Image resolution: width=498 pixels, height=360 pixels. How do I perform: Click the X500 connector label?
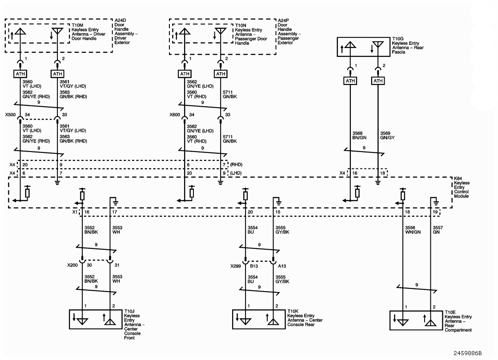pyautogui.click(x=10, y=115)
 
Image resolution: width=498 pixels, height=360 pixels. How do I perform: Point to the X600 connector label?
pyautogui.click(x=175, y=115)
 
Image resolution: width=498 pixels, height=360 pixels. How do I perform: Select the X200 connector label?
pyautogui.click(x=72, y=265)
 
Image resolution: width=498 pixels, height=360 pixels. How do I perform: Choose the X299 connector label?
pyautogui.click(x=236, y=266)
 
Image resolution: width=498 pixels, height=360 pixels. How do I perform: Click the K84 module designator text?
pyautogui.click(x=458, y=178)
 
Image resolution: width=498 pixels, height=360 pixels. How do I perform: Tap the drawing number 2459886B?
pyautogui.click(x=467, y=353)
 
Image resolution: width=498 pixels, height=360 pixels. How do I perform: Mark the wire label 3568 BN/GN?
pyautogui.click(x=360, y=136)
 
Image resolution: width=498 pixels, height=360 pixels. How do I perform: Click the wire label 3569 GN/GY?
pyautogui.click(x=387, y=136)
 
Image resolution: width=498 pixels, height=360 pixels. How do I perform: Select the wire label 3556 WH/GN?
pyautogui.click(x=413, y=230)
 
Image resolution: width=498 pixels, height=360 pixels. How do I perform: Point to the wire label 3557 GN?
pyautogui.click(x=438, y=230)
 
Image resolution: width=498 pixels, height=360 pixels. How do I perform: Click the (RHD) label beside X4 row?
pyautogui.click(x=236, y=164)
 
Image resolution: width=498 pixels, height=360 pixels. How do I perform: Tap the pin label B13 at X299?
pyautogui.click(x=254, y=266)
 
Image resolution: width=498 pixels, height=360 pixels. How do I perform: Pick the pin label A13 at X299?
pyautogui.click(x=282, y=266)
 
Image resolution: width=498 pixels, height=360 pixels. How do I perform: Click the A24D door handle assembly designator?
pyautogui.click(x=120, y=20)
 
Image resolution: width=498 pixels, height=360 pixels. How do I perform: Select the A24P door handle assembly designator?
pyautogui.click(x=284, y=20)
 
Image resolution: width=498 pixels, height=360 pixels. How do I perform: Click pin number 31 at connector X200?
pyautogui.click(x=117, y=265)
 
